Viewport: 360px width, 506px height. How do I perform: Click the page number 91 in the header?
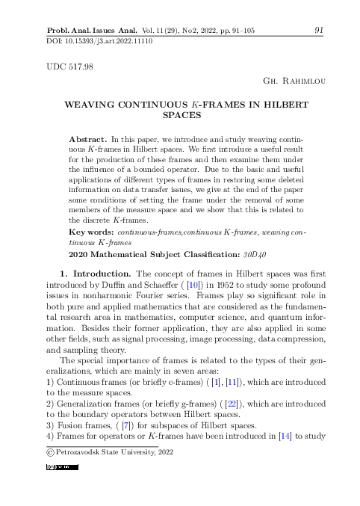tap(319, 30)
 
